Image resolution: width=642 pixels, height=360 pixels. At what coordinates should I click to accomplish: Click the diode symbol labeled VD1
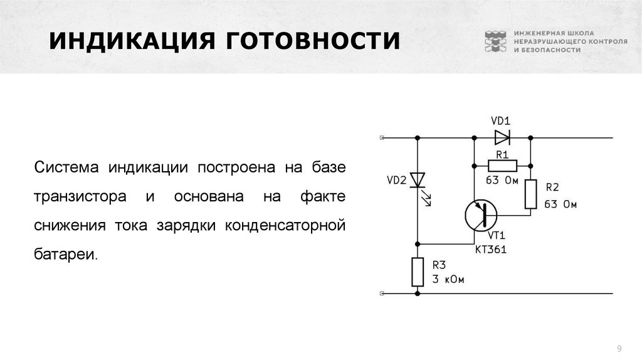pos(502,137)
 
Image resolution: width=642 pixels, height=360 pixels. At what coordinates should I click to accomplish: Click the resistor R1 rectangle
pos(502,166)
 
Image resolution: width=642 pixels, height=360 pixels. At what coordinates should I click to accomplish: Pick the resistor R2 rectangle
pos(530,194)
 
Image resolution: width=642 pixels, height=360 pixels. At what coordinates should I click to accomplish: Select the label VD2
pos(396,181)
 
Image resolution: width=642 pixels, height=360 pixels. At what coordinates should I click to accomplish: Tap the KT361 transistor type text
pos(491,250)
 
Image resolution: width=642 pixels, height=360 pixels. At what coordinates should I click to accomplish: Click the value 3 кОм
pos(447,280)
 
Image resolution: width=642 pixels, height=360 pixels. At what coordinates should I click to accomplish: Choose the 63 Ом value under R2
pos(560,204)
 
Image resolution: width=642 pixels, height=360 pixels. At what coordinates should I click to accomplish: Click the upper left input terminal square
pos(382,137)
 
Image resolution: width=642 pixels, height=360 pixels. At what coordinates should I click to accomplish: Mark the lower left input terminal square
pos(382,293)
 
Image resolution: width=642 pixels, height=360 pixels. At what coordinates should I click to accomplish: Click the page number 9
pos(619,348)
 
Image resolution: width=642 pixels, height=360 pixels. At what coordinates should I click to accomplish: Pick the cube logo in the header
pos(495,41)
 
